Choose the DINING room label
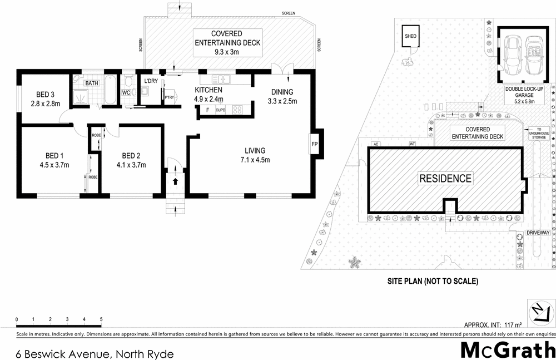(x=282, y=92)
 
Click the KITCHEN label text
(x=209, y=90)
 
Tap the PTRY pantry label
(x=169, y=97)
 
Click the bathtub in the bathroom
(x=108, y=91)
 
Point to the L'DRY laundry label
(x=151, y=82)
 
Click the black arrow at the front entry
(x=176, y=181)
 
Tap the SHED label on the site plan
(x=410, y=36)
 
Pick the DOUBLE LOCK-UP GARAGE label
(x=520, y=95)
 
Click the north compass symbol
(x=539, y=312)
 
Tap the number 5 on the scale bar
(x=101, y=319)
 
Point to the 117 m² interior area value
(x=513, y=325)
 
